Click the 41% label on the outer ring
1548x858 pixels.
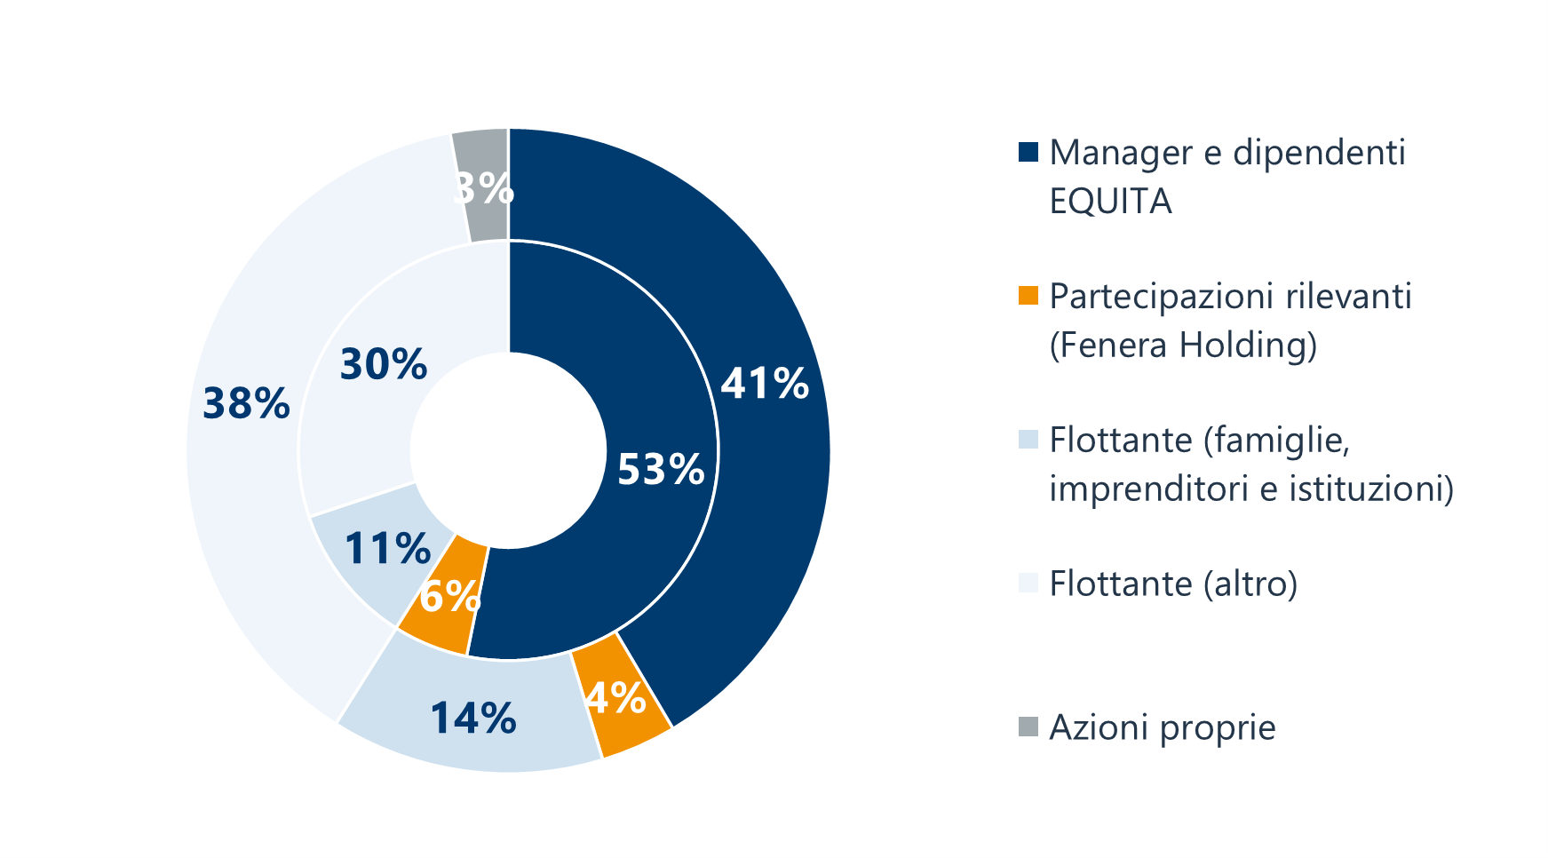[x=765, y=384]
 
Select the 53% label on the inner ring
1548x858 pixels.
[x=661, y=469]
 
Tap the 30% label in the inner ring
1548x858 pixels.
[x=384, y=365]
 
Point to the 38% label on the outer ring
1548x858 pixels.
[x=246, y=403]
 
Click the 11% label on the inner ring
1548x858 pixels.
[x=387, y=549]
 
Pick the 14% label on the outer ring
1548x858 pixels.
[x=473, y=718]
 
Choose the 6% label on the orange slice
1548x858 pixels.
[x=449, y=596]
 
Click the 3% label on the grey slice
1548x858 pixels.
[x=485, y=188]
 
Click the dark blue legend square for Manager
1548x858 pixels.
[x=1028, y=152]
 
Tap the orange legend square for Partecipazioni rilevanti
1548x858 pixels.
[x=1028, y=296]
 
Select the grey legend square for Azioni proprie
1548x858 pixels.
[x=1028, y=727]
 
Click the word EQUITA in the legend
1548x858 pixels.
[x=1110, y=203]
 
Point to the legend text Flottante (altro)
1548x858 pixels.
[x=1173, y=584]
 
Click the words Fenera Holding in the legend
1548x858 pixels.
[x=1183, y=345]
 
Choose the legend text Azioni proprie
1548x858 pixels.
[x=1163, y=727]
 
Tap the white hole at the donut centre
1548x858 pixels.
[x=508, y=450]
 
